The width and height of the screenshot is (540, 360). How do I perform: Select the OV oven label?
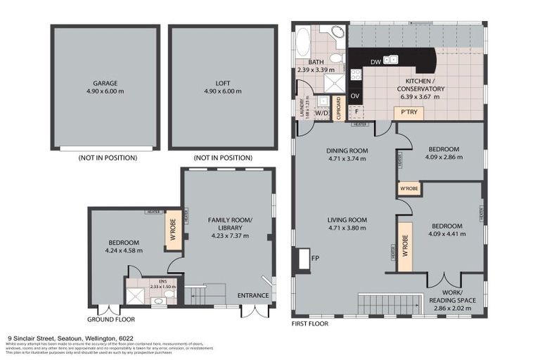pos(355,95)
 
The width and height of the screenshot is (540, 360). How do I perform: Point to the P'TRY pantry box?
pos(409,112)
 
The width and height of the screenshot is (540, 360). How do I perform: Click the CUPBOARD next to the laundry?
pos(338,109)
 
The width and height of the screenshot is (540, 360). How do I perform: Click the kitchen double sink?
pos(390,60)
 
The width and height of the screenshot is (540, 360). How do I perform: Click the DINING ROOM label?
pos(347,150)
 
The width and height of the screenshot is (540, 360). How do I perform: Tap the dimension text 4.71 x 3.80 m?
pos(347,228)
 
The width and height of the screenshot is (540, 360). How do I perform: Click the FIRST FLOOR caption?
pos(308,326)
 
